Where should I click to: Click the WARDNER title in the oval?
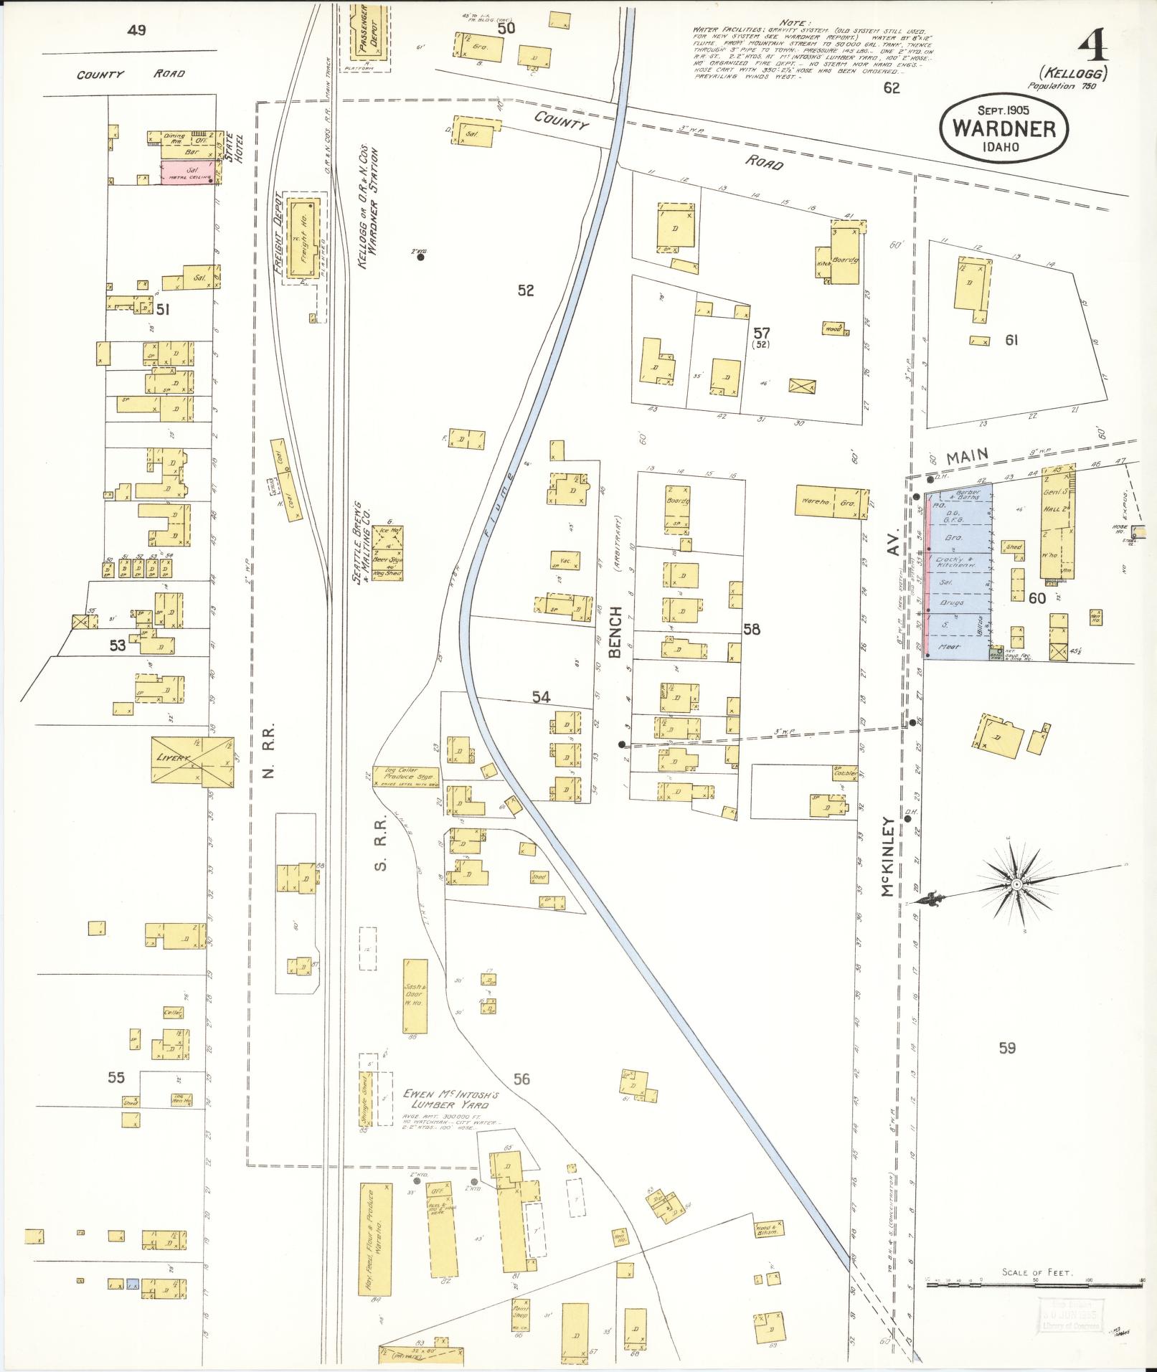[x=1003, y=128]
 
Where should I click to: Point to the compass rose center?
[x=1016, y=887]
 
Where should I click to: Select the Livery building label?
[x=172, y=758]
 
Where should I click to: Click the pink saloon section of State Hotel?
[x=187, y=173]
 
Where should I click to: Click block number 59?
[x=1006, y=1049]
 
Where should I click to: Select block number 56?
[x=521, y=1079]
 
